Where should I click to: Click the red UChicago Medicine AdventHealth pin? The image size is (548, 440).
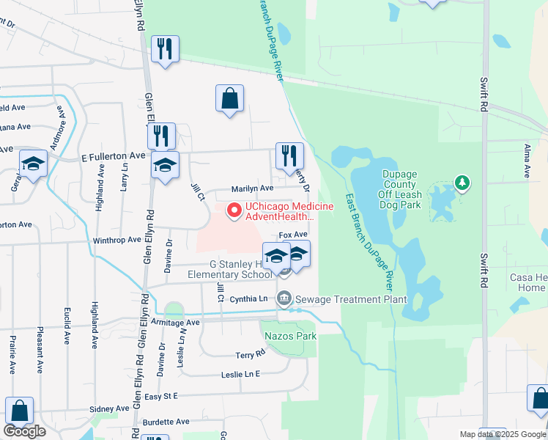point(234,211)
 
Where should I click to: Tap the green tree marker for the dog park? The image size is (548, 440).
point(461,181)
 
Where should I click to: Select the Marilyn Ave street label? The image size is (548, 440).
point(252,188)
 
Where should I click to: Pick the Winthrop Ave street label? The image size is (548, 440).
point(116,240)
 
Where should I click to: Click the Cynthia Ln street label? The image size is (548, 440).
point(248,299)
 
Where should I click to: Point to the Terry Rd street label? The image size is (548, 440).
point(250,354)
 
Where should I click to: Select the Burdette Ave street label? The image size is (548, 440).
point(166,422)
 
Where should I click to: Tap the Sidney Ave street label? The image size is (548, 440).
point(108,408)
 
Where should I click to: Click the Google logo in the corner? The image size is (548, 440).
point(24,430)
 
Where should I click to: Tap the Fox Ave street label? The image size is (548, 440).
point(292,235)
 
